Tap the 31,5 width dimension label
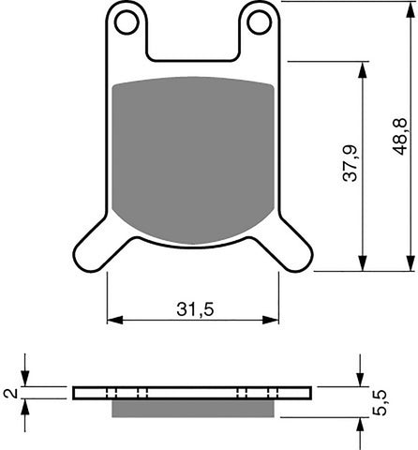pyautogui.click(x=193, y=307)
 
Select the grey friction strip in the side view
pyautogui.click(x=193, y=409)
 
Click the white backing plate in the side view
pyautogui.click(x=193, y=393)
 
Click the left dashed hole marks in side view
pyautogui.click(x=127, y=393)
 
